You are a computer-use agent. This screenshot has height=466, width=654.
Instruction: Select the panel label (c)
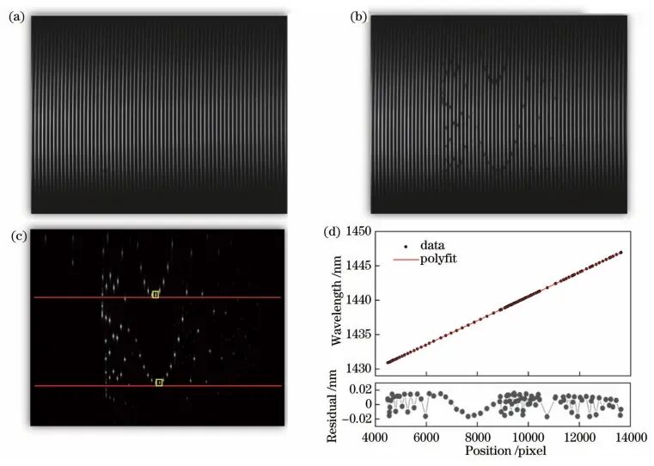point(15,233)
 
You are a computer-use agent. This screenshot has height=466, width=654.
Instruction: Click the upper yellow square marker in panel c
point(156,294)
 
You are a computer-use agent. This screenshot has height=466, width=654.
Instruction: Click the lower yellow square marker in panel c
point(159,383)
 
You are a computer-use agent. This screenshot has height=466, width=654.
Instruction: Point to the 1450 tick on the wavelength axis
point(357,232)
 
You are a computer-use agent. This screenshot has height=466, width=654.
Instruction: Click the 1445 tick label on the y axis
point(357,267)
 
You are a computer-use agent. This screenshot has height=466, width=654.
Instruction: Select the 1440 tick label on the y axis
point(357,300)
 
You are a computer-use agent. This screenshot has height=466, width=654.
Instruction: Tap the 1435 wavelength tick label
point(357,334)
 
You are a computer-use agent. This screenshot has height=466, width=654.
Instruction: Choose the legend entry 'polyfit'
point(439,257)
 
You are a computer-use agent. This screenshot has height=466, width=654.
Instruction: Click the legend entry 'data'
point(434,245)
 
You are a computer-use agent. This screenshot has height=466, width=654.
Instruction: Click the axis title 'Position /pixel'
point(503,450)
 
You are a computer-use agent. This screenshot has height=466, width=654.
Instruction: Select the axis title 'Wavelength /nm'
point(338,301)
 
